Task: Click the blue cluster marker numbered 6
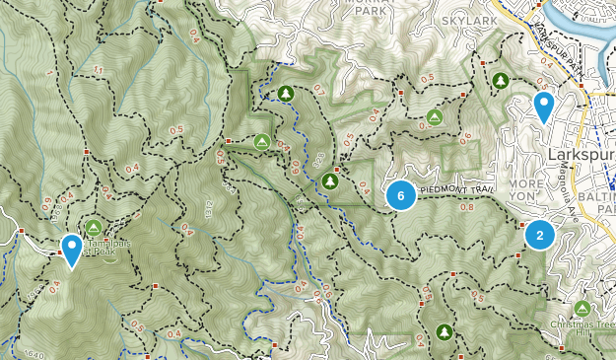tap(400, 195)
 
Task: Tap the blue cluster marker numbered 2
tap(539, 235)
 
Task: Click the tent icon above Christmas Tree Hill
tap(582, 309)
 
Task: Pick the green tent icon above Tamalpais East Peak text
tap(94, 227)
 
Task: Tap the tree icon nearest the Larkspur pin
tap(501, 80)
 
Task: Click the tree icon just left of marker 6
tap(330, 180)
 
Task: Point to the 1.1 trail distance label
tap(98, 69)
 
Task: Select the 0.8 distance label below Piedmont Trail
tap(466, 207)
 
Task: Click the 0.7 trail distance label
tap(318, 89)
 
